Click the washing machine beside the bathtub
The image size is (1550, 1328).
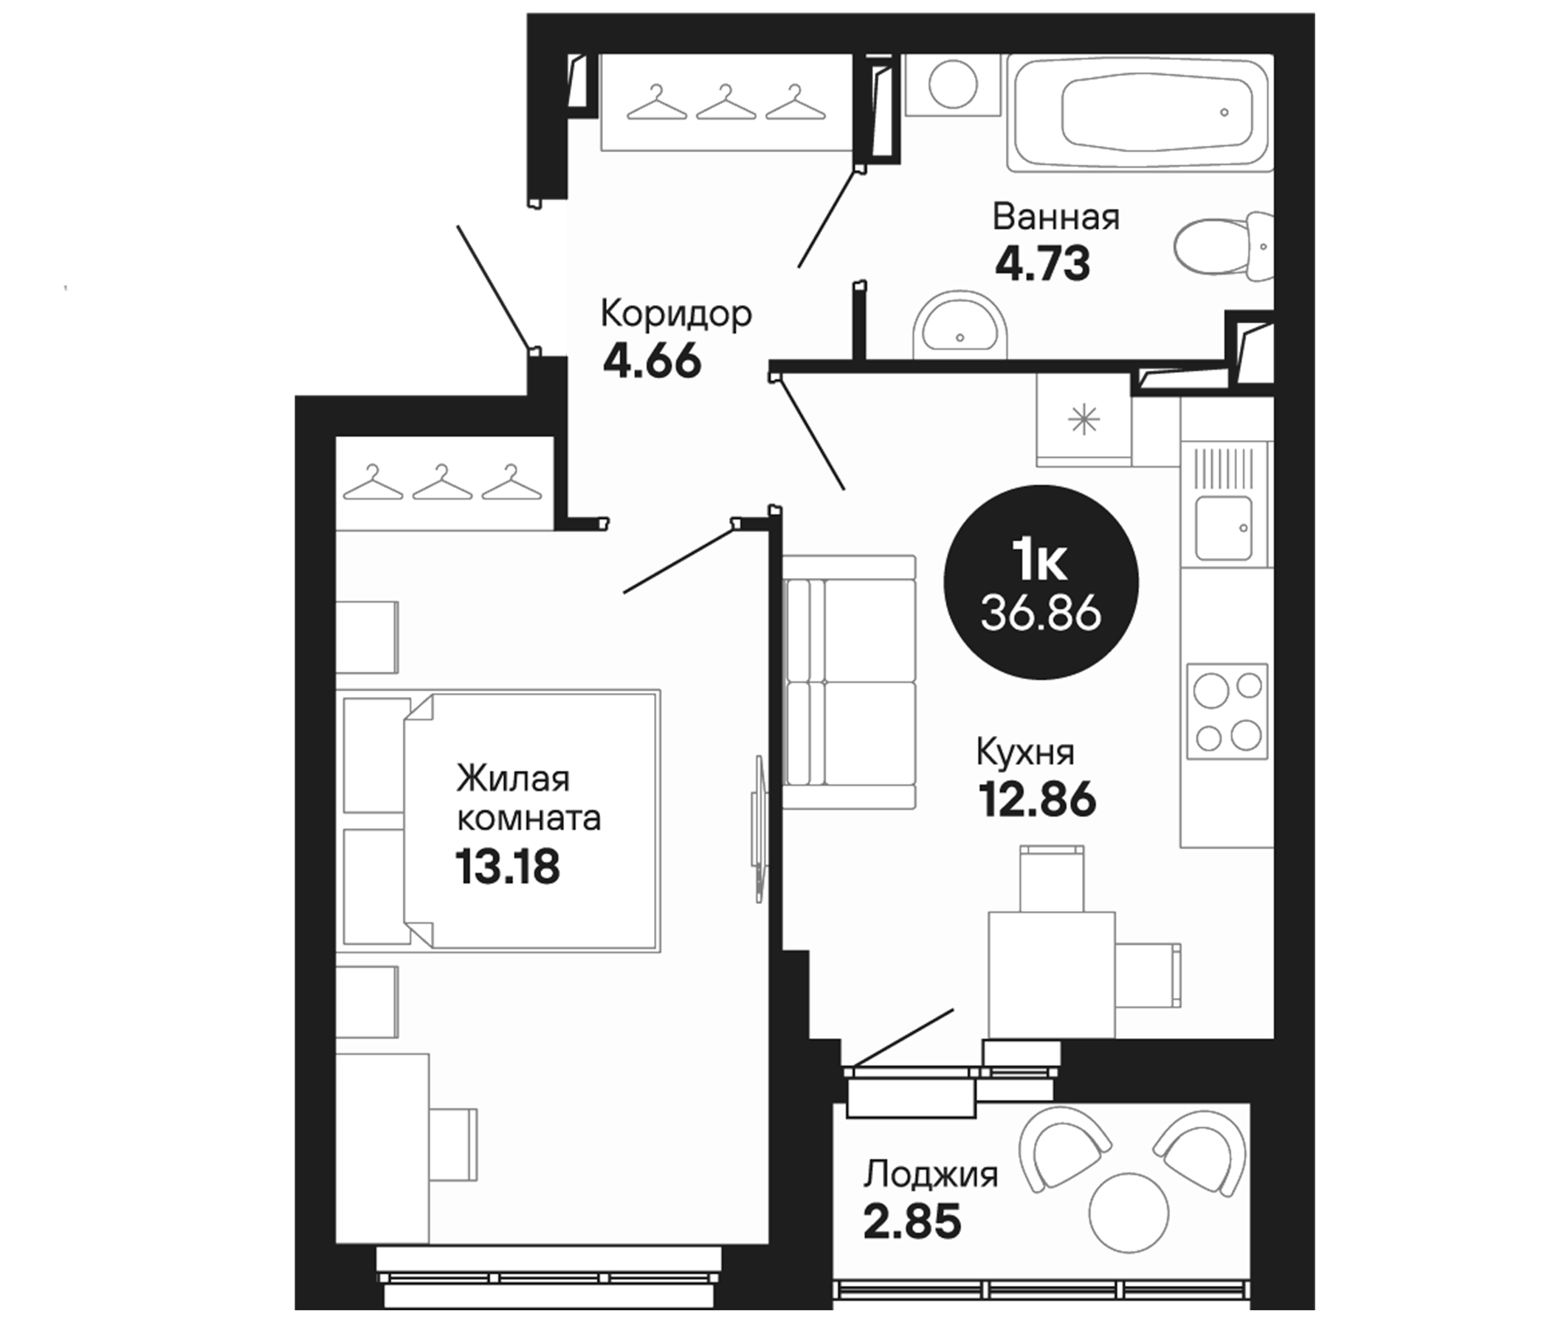[x=952, y=86]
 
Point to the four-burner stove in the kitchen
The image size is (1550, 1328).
[x=1227, y=712]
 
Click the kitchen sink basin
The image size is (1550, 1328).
[x=1223, y=528]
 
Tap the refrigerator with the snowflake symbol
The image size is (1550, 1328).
[x=1084, y=420]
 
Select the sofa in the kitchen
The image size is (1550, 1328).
[x=851, y=681]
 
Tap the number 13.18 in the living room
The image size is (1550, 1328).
[x=507, y=867]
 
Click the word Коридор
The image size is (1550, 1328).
[x=676, y=316]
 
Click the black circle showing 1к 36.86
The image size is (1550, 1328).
[x=1041, y=583]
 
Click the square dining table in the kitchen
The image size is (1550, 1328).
[x=1051, y=974]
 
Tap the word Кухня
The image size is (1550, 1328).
[x=1025, y=754]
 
